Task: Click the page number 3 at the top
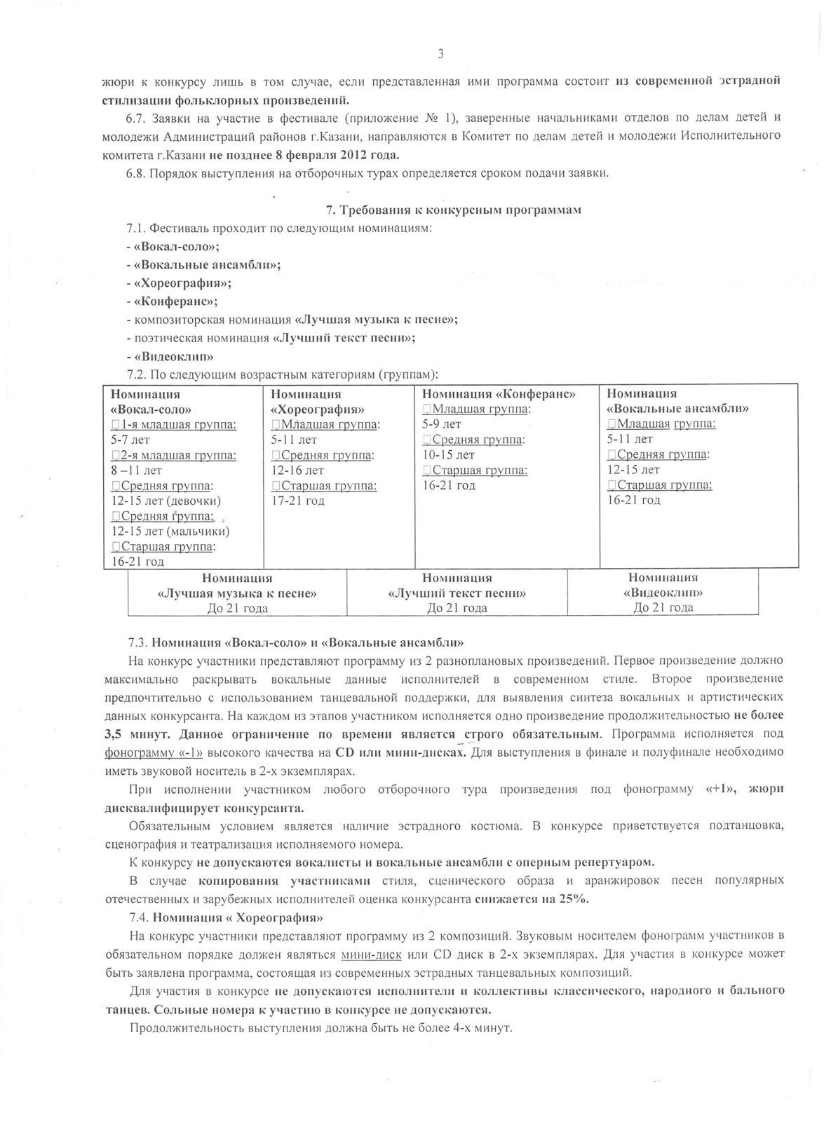[441, 54]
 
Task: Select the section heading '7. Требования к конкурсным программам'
[454, 210]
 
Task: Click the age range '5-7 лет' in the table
[130, 440]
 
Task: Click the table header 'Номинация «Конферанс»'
[499, 394]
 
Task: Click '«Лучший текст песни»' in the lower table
[457, 593]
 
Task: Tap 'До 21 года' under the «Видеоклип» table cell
[663, 608]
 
